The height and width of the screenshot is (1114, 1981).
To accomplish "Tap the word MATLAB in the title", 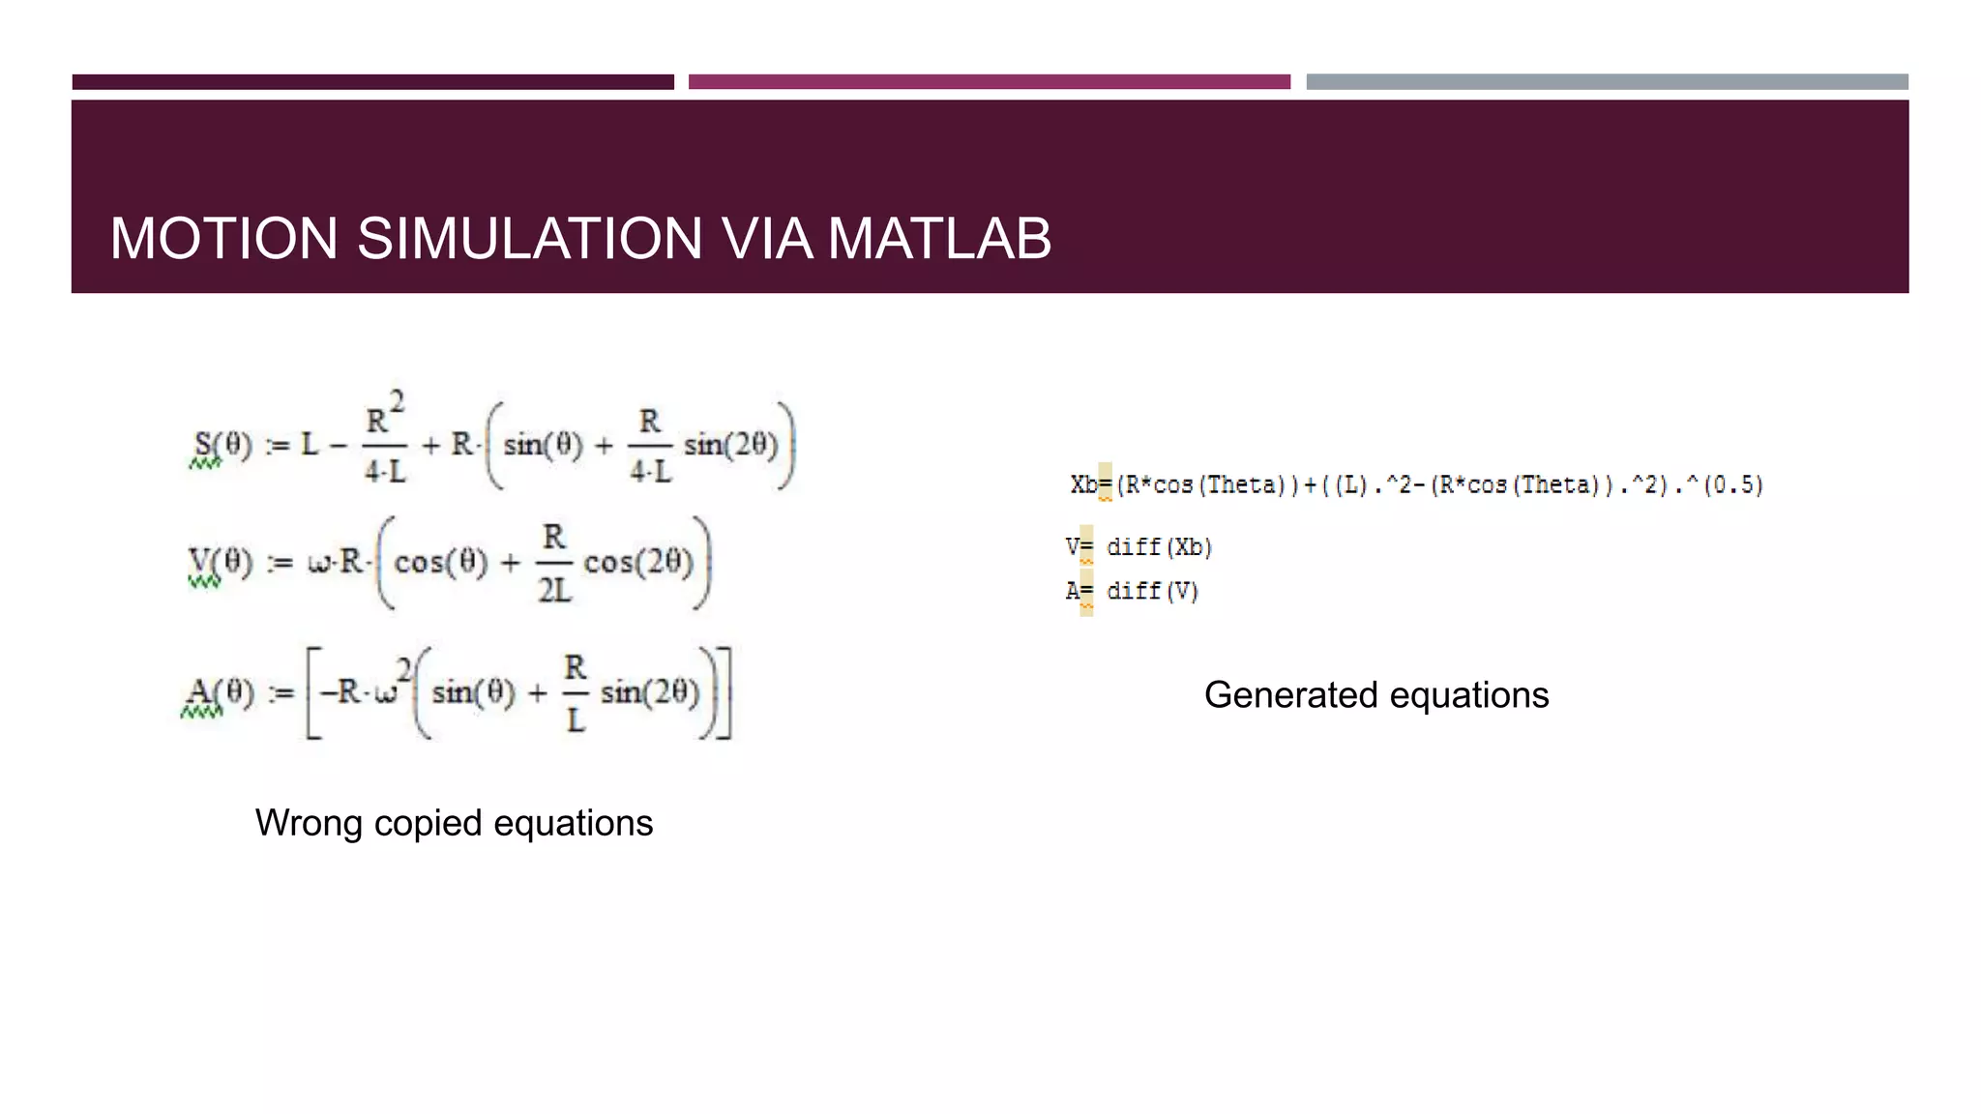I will click(939, 239).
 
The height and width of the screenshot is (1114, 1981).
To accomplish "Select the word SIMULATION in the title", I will click(529, 239).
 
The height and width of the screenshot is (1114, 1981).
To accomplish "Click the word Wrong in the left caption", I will click(309, 823).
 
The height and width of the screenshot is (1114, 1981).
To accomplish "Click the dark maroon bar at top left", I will click(372, 82).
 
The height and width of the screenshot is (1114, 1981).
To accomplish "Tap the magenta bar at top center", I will click(989, 82).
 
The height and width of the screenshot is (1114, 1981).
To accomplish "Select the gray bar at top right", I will click(1607, 82).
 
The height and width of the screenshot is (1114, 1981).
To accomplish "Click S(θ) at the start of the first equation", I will click(222, 446).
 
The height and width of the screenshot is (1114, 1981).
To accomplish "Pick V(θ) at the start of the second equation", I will click(219, 562).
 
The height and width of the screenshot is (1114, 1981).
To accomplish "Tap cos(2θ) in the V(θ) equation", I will click(638, 562).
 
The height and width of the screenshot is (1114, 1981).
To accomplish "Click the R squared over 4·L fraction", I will click(384, 440).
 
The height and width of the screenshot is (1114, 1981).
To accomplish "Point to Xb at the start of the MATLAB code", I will click(1083, 484).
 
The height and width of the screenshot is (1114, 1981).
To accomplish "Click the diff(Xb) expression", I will click(1159, 547).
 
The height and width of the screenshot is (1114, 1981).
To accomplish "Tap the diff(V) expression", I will click(1152, 591).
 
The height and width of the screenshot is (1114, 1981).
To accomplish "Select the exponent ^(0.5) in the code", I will click(1727, 484).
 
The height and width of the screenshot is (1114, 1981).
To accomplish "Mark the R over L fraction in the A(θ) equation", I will click(575, 693).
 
